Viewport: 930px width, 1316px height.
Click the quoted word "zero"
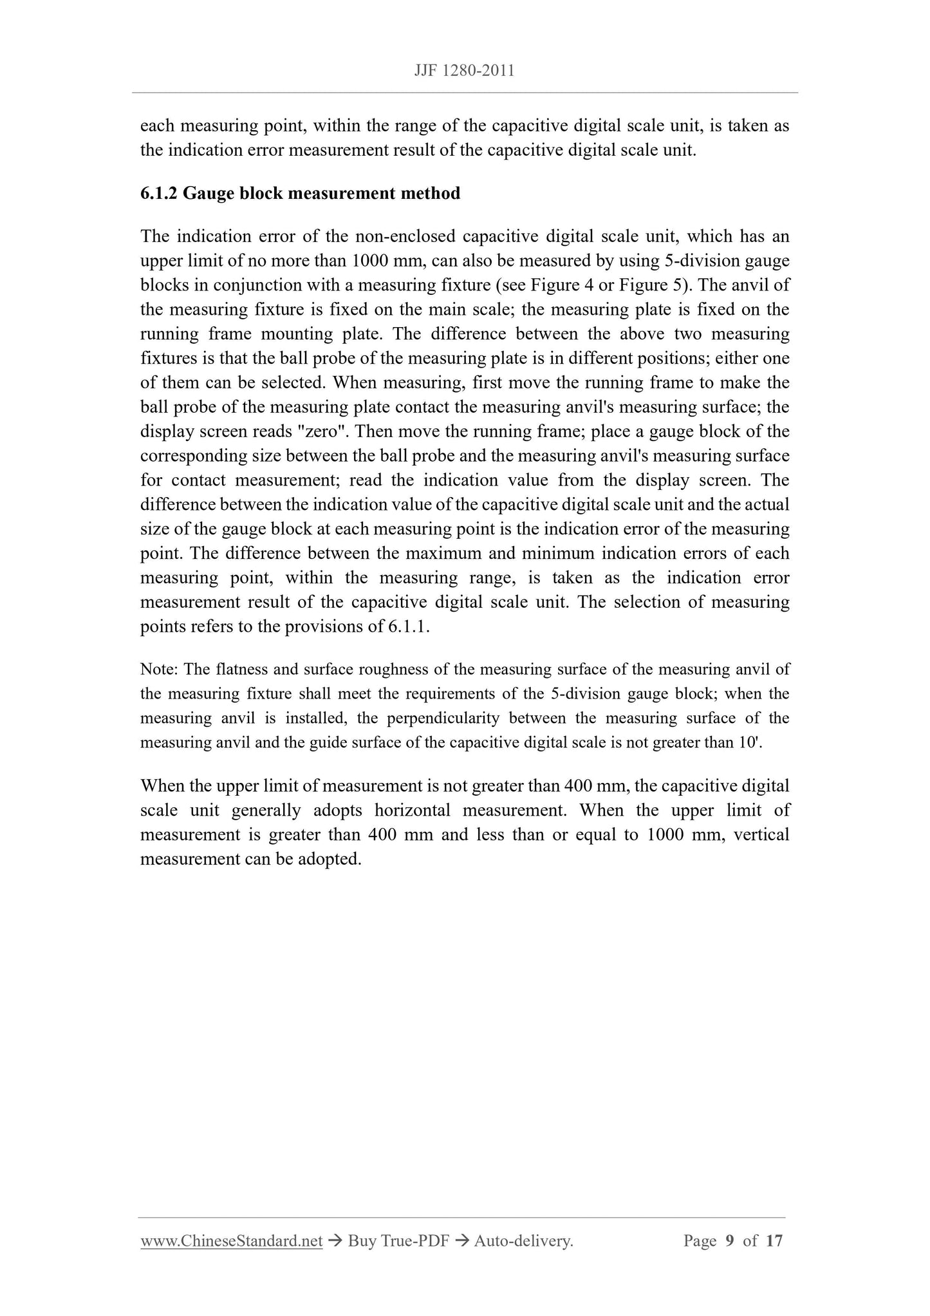coord(321,431)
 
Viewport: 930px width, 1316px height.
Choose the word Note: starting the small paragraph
coord(159,670)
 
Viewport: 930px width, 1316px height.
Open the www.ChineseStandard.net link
coord(231,1241)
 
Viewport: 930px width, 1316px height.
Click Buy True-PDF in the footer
coord(398,1241)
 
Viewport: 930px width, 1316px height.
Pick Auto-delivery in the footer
coord(523,1241)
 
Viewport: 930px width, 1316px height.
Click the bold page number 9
coord(730,1241)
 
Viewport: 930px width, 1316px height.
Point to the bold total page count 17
coord(774,1241)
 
